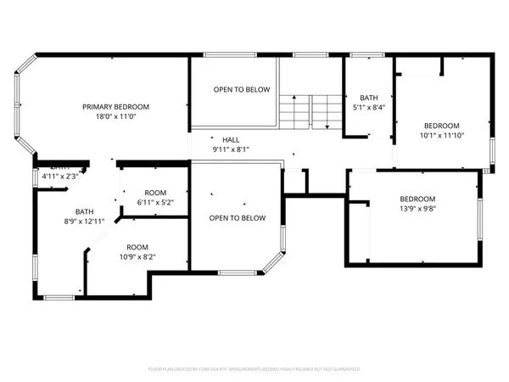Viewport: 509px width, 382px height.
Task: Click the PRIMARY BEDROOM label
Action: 115,107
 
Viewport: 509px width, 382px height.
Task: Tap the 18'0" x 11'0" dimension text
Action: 115,118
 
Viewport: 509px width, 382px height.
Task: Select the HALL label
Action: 231,139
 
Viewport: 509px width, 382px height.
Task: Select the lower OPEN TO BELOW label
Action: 238,218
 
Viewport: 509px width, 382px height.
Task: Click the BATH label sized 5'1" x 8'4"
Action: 368,97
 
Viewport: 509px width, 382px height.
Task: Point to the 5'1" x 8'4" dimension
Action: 368,108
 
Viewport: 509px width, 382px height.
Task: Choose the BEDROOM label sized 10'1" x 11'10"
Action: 442,123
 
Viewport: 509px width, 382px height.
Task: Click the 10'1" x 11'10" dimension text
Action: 442,134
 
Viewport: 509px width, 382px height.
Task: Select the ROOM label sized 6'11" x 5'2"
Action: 155,193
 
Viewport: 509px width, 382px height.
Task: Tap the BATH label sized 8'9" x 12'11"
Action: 84,212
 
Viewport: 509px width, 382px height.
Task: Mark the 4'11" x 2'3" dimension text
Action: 59,177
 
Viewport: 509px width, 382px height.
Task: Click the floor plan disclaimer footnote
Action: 255,370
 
